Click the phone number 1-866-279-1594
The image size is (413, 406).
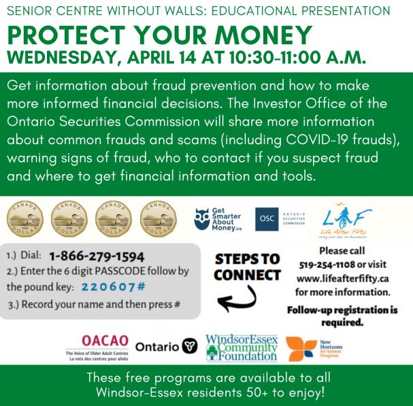97,256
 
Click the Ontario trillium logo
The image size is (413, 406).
191,346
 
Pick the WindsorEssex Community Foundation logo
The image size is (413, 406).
241,346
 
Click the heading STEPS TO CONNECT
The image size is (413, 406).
246,267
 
